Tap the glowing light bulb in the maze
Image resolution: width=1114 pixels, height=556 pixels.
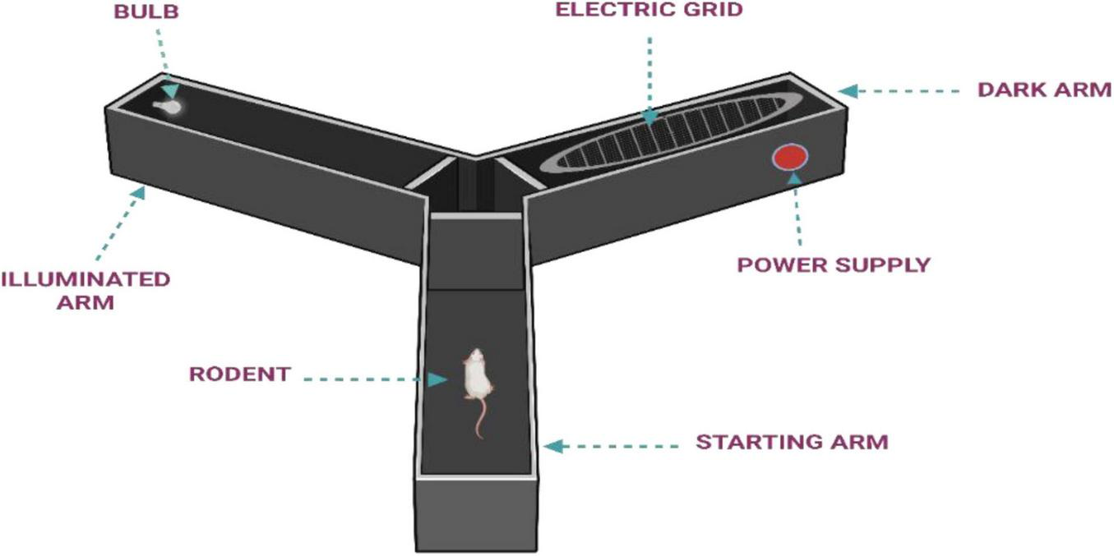171,106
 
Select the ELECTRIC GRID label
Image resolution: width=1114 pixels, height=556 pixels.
649,11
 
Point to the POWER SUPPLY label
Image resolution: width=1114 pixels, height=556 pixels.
833,265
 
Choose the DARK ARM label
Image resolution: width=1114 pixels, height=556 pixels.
1044,90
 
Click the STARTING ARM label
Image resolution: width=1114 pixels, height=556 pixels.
792,442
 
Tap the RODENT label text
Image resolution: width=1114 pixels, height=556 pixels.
239,374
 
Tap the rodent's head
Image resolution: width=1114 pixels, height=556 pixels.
474,356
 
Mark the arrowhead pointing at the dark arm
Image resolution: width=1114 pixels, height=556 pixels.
848,90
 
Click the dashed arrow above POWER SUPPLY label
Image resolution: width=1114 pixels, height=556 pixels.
796,214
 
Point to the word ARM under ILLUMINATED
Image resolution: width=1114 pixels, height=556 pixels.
86,302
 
